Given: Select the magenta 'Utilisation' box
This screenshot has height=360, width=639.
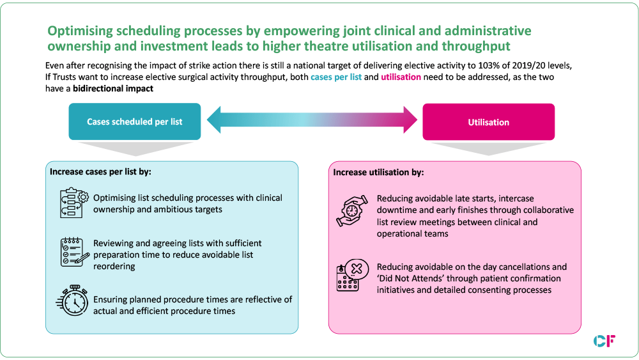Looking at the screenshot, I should pos(488,121).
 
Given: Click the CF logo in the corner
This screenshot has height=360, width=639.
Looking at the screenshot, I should pos(604,341).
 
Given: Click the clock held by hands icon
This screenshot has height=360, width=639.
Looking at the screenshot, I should pos(351,212).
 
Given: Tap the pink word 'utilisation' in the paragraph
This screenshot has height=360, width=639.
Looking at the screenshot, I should pos(403,77).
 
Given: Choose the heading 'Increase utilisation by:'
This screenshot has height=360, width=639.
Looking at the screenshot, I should pos(378,172).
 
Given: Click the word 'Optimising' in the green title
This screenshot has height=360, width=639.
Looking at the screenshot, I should pos(80,31).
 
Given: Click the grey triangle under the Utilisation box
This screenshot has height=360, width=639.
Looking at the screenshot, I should pos(488,148).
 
